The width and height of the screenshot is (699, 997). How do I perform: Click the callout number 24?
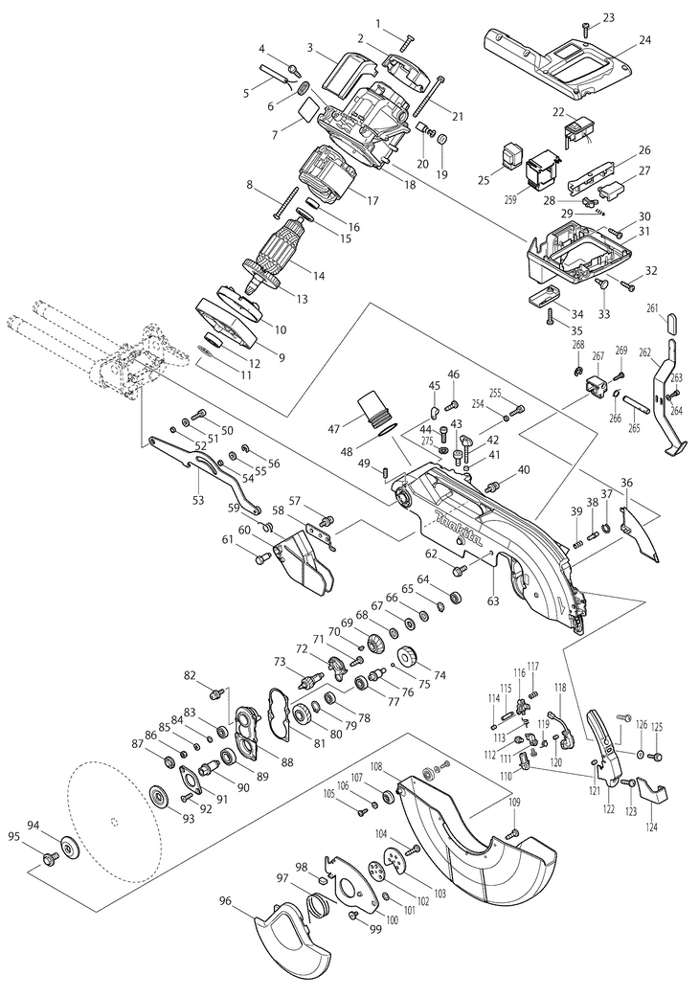645,40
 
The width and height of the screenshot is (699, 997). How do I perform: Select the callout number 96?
225,900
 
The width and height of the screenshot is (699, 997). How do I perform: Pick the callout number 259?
509,199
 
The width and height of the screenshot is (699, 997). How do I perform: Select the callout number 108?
375,766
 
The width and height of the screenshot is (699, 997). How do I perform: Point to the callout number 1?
379,24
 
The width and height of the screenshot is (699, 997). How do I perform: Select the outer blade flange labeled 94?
71,847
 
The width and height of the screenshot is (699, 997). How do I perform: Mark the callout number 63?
493,600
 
